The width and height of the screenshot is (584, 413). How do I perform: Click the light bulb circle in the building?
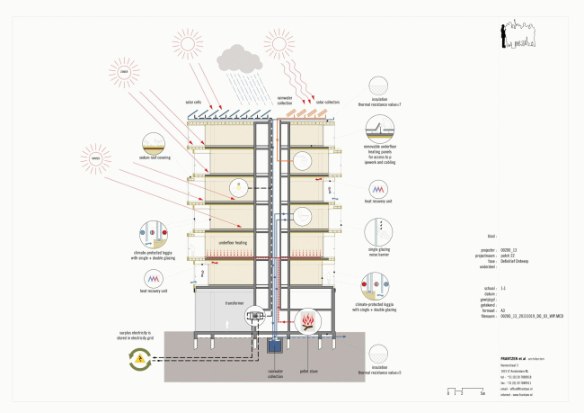coord(239,187)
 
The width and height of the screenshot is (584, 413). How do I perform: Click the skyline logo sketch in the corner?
coord(522,33)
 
